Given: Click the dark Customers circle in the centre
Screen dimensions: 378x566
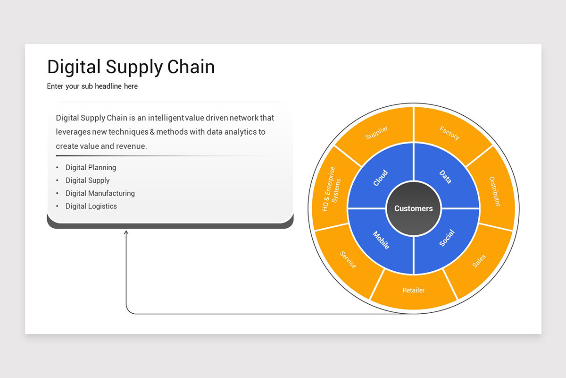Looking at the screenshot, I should tap(414, 208).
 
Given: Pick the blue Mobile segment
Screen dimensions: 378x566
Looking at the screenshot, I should tap(381, 240).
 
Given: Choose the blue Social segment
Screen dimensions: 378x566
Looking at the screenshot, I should tap(446, 238).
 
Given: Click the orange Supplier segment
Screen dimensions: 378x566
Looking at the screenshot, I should tap(376, 133).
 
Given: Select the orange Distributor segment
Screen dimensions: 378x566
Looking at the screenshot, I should tap(494, 191).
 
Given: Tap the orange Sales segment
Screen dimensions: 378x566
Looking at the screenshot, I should tap(479, 261).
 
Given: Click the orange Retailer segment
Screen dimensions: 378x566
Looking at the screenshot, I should tap(414, 290).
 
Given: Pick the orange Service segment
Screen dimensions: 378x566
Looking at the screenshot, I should tap(348, 259).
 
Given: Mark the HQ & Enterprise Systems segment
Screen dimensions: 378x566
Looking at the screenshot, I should tap(332, 189).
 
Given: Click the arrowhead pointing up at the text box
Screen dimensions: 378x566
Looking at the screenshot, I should tap(126, 232).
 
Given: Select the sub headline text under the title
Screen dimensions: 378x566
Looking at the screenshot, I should tap(92, 86).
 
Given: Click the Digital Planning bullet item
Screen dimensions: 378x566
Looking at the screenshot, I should tap(91, 167).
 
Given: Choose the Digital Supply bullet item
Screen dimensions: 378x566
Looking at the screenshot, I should tap(87, 180).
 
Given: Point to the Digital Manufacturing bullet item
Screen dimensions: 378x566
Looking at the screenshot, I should tap(100, 193).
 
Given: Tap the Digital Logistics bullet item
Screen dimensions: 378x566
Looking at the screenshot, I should tap(91, 206).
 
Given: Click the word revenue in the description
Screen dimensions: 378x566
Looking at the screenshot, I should tap(131, 146).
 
